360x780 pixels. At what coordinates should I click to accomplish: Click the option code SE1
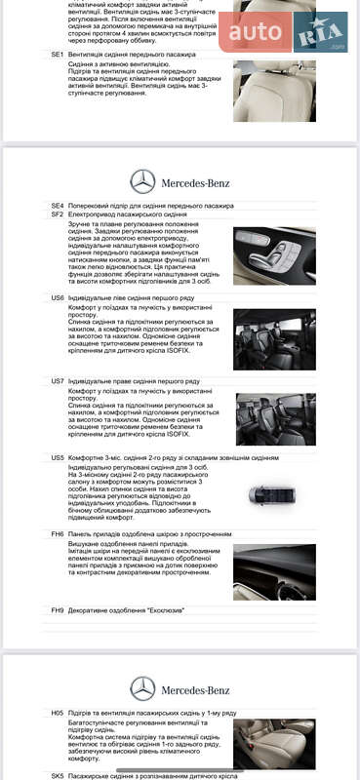tap(58, 55)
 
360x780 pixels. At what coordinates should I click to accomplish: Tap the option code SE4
tap(58, 207)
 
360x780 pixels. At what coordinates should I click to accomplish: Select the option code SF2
tap(58, 214)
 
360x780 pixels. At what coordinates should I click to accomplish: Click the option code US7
tap(58, 380)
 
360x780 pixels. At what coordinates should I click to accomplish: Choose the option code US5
tap(58, 457)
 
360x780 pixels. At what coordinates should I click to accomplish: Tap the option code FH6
tap(58, 534)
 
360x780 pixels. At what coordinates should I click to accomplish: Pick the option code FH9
tap(58, 610)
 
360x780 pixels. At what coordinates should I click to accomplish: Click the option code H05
tap(58, 714)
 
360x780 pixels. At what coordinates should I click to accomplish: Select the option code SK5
tap(58, 776)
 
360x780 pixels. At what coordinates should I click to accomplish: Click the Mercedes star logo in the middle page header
tap(143, 180)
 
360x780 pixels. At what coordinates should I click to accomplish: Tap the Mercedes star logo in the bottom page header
tap(143, 688)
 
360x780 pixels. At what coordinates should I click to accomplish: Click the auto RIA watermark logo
tap(283, 32)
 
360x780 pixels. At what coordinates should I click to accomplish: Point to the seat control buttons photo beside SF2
tap(274, 255)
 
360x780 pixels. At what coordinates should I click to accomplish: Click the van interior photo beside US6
tap(274, 339)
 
